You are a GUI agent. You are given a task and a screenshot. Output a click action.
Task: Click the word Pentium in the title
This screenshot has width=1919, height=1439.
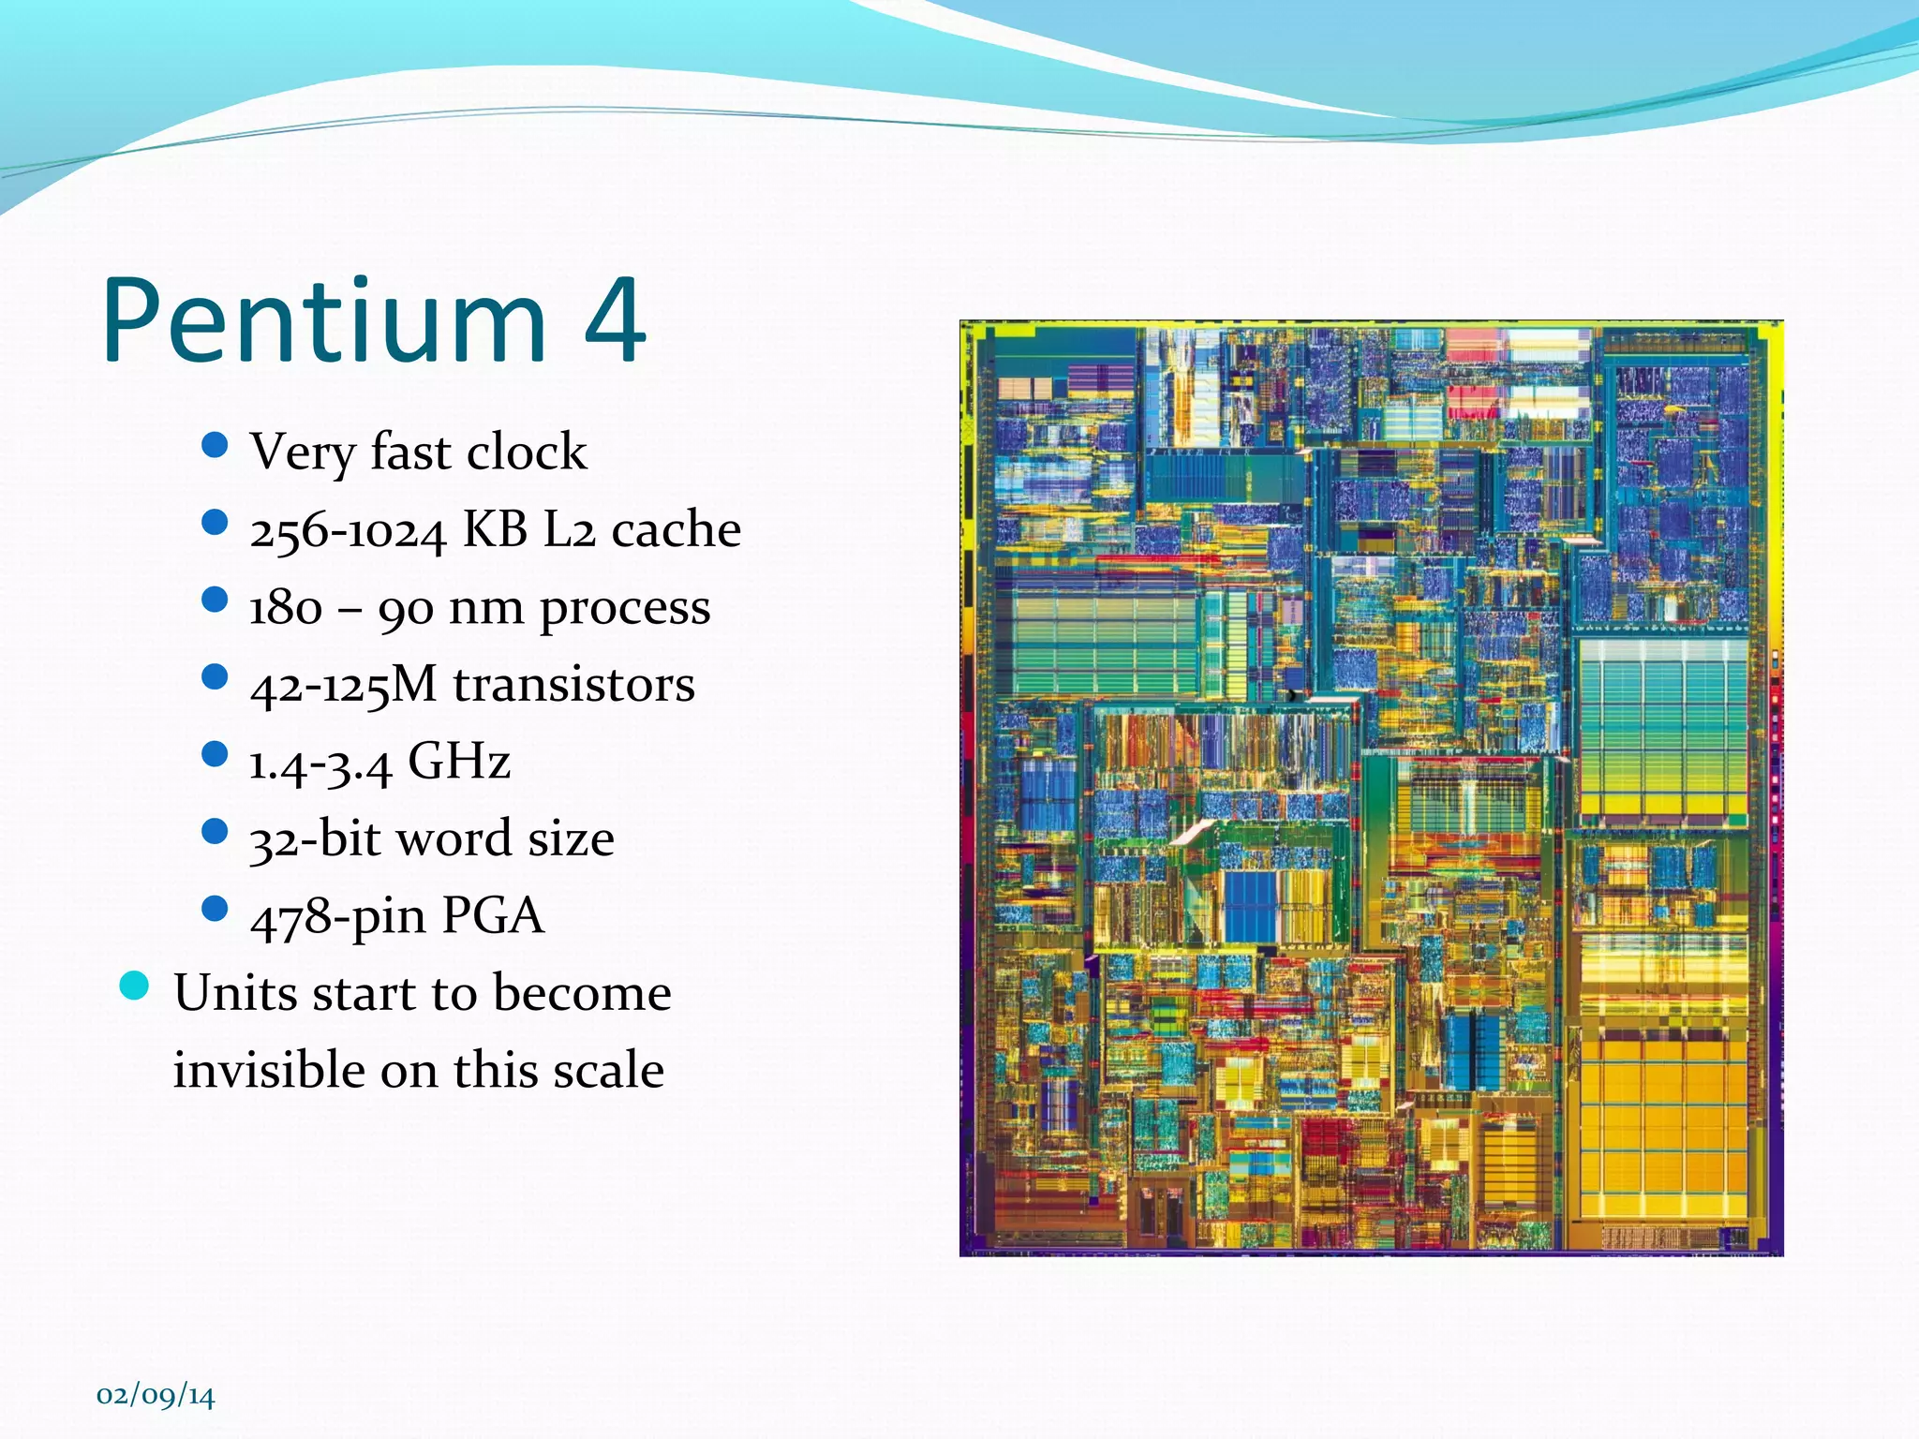pyautogui.click(x=323, y=320)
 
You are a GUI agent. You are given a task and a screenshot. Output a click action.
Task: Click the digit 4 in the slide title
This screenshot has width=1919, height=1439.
pyautogui.click(x=615, y=320)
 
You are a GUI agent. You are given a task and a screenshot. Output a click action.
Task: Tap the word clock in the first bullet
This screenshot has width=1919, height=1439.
pyautogui.click(x=527, y=452)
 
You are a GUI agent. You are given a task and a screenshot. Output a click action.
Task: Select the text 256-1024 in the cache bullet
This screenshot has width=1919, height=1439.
pyautogui.click(x=348, y=531)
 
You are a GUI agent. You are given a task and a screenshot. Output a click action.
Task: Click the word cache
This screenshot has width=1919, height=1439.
pyautogui.click(x=676, y=530)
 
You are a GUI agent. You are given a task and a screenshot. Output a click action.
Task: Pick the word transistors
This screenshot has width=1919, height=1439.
pyautogui.click(x=573, y=684)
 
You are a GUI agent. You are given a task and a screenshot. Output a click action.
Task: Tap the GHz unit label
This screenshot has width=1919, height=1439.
pyautogui.click(x=459, y=761)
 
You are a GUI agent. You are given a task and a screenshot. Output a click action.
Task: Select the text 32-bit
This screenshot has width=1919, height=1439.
pyautogui.click(x=310, y=838)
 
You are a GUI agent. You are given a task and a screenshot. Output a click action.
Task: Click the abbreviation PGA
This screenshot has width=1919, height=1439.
pyautogui.click(x=492, y=915)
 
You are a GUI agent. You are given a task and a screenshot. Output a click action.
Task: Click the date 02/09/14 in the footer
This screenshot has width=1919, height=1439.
pyautogui.click(x=156, y=1396)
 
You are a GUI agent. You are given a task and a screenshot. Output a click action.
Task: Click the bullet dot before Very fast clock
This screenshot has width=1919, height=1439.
pyautogui.click(x=215, y=445)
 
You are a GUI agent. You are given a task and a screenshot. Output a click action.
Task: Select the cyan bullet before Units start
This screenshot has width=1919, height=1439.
pyautogui.click(x=135, y=986)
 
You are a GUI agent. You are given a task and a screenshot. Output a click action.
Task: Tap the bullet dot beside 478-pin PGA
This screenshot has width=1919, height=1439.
pyautogui.click(x=215, y=909)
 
